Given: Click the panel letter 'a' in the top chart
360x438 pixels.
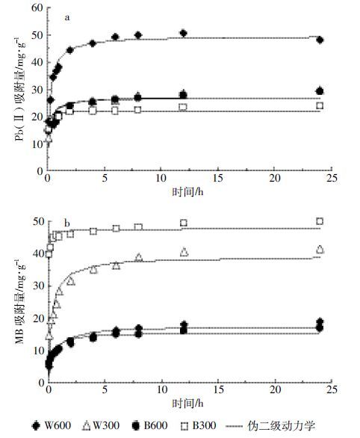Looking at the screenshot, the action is point(67,18).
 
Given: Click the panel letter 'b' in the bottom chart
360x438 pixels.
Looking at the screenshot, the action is point(67,223).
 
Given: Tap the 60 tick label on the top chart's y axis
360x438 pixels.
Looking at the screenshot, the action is point(37,7).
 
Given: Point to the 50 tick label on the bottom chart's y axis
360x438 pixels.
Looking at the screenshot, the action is point(39,222).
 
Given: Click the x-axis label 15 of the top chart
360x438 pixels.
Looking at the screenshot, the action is point(218,178).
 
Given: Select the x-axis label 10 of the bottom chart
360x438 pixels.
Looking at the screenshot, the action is point(162,389).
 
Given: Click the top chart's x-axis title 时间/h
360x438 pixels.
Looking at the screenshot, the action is point(187,192).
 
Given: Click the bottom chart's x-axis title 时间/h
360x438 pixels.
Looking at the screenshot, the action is point(187,404).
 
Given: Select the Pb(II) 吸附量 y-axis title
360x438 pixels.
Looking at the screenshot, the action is point(20,89).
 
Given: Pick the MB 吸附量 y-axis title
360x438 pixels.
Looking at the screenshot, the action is point(20,301).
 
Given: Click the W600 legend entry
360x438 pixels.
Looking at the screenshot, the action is point(51,426).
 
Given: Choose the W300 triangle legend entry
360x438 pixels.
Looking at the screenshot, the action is point(101,426).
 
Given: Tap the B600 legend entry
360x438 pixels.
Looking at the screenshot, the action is point(149,426).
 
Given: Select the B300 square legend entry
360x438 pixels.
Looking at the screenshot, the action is point(199,426).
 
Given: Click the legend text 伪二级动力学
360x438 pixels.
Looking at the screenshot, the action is point(282,426).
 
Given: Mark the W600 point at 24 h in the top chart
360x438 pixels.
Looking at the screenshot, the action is point(320,40).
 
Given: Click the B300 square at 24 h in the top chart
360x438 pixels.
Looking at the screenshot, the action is point(320,105).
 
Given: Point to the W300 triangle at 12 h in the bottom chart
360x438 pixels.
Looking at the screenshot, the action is point(184,252).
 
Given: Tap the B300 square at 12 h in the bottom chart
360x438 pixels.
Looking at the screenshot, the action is point(183,223).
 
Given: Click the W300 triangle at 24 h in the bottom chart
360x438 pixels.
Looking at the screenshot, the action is point(320,249).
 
